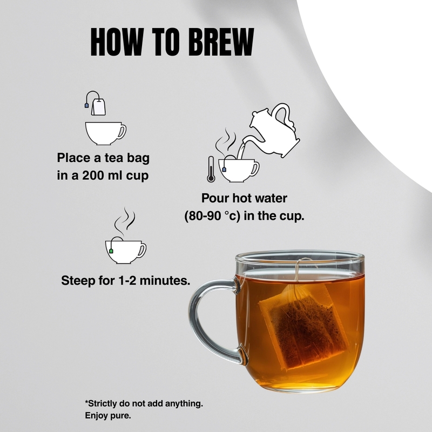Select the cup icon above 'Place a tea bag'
pos(105,133)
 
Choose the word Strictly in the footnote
pos(102,403)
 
